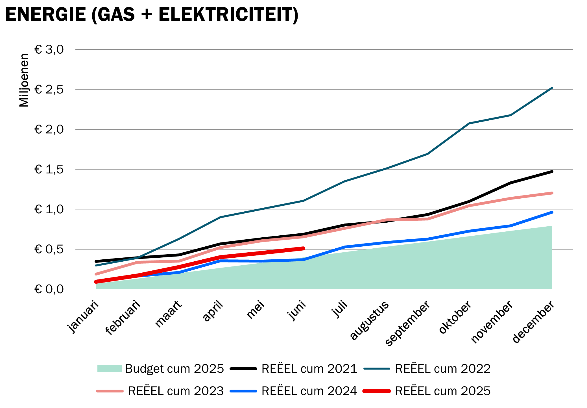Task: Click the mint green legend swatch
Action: tap(110, 368)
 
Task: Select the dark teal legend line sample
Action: tap(377, 368)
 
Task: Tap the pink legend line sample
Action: tap(110, 391)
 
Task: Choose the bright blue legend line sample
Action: tap(243, 391)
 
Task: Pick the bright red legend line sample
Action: tap(377, 391)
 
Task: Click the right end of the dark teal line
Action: tap(552, 88)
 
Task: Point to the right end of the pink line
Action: tap(552, 193)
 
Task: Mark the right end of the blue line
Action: tap(552, 212)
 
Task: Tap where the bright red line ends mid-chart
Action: tap(303, 248)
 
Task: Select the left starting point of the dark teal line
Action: tap(96, 265)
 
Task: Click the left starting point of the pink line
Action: tap(96, 274)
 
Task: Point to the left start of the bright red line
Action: tap(96, 282)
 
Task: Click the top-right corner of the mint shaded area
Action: tap(552, 226)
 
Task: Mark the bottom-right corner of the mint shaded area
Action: tap(552, 289)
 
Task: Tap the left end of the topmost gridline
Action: tap(76, 49)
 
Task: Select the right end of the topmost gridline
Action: tap(573, 49)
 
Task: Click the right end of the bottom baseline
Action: tap(573, 289)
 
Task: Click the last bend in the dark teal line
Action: tap(510, 115)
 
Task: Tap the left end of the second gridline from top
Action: tap(76, 89)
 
